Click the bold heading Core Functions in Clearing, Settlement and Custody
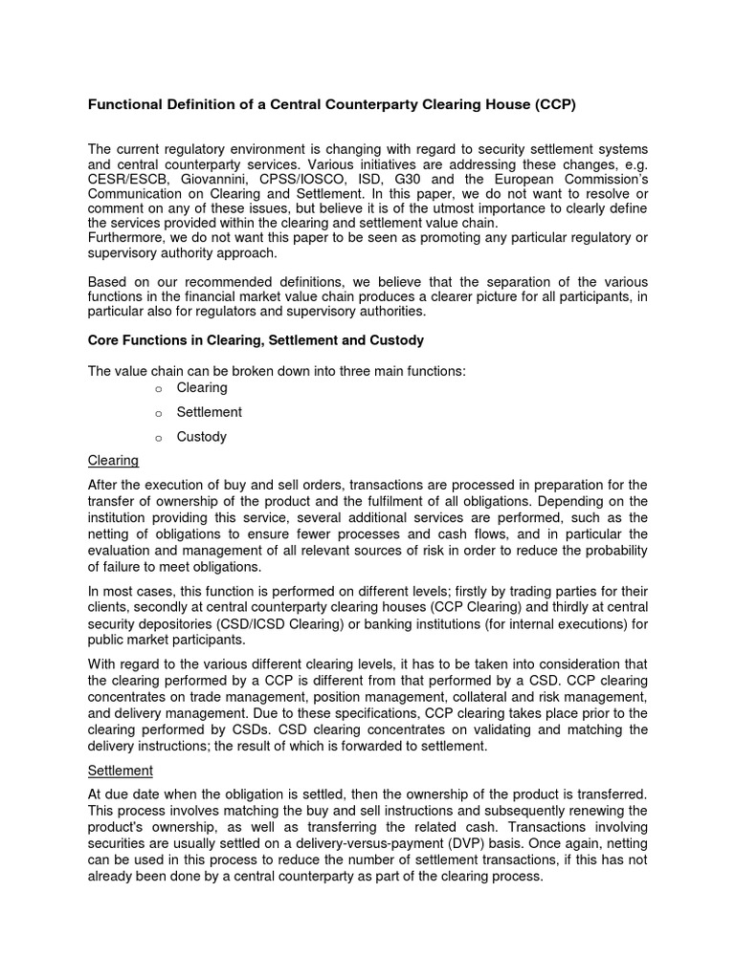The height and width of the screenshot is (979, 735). [256, 340]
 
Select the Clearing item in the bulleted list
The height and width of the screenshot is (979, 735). [202, 387]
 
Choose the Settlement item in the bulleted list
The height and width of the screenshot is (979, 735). [209, 412]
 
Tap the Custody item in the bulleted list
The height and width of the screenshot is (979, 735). [202, 437]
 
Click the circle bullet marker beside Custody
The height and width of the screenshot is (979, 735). [158, 438]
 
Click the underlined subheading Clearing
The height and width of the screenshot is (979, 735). [113, 461]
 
